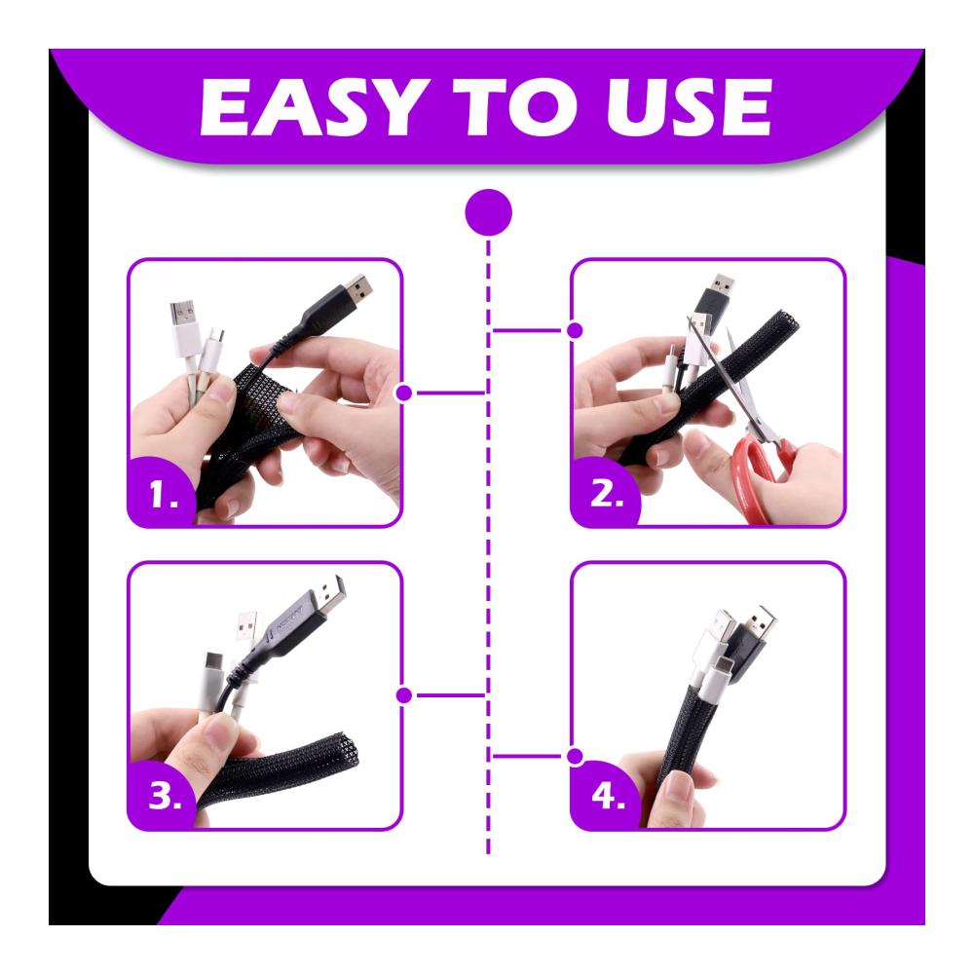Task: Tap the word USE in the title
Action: [689, 107]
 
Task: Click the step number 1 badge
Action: [164, 495]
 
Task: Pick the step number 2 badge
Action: [606, 493]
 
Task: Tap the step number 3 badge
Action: [164, 795]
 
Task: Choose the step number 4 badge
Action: [607, 796]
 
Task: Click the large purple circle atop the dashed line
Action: [488, 212]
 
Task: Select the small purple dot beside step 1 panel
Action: [404, 393]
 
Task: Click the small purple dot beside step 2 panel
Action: [576, 330]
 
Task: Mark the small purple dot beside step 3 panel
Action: [404, 695]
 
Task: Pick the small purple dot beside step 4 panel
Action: [576, 757]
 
